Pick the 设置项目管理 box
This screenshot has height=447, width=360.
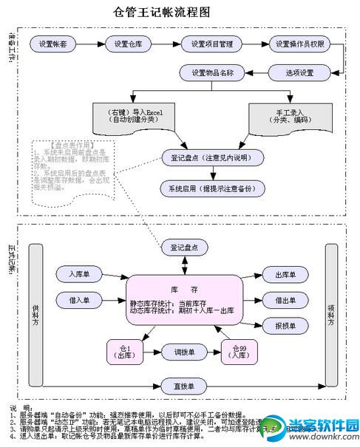point(211,44)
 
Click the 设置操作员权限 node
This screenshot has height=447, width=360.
point(300,44)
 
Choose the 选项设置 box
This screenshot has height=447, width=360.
point(300,72)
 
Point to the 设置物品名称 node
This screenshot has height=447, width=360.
point(212,72)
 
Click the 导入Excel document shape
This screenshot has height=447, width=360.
point(131,117)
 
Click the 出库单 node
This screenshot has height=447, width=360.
point(285,275)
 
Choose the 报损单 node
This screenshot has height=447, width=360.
point(285,325)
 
